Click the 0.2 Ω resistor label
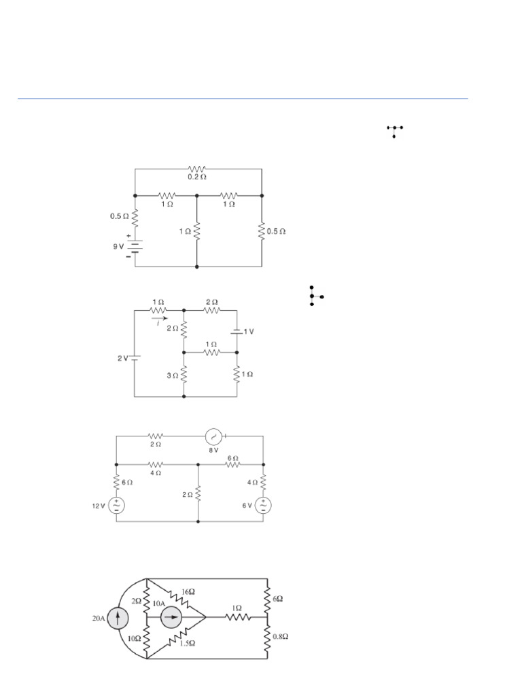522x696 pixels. pos(198,178)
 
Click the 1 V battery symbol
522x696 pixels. pos(237,331)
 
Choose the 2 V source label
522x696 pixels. pos(122,358)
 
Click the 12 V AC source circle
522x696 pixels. pos(116,505)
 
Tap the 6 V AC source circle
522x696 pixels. pos(263,505)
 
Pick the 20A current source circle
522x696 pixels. pos(119,619)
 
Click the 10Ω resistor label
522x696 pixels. pos(135,640)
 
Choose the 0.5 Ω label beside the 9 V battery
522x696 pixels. pos(119,217)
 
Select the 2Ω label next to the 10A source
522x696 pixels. pos(137,601)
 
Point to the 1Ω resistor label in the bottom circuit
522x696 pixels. pos(236,607)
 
